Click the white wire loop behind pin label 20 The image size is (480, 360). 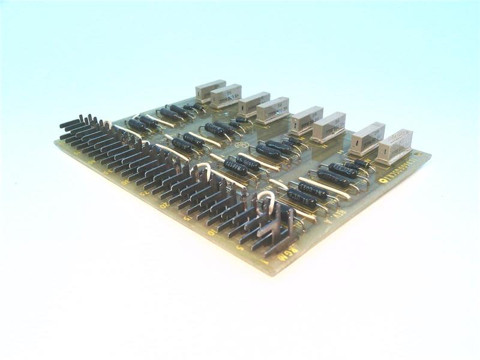click(x=200, y=170)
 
